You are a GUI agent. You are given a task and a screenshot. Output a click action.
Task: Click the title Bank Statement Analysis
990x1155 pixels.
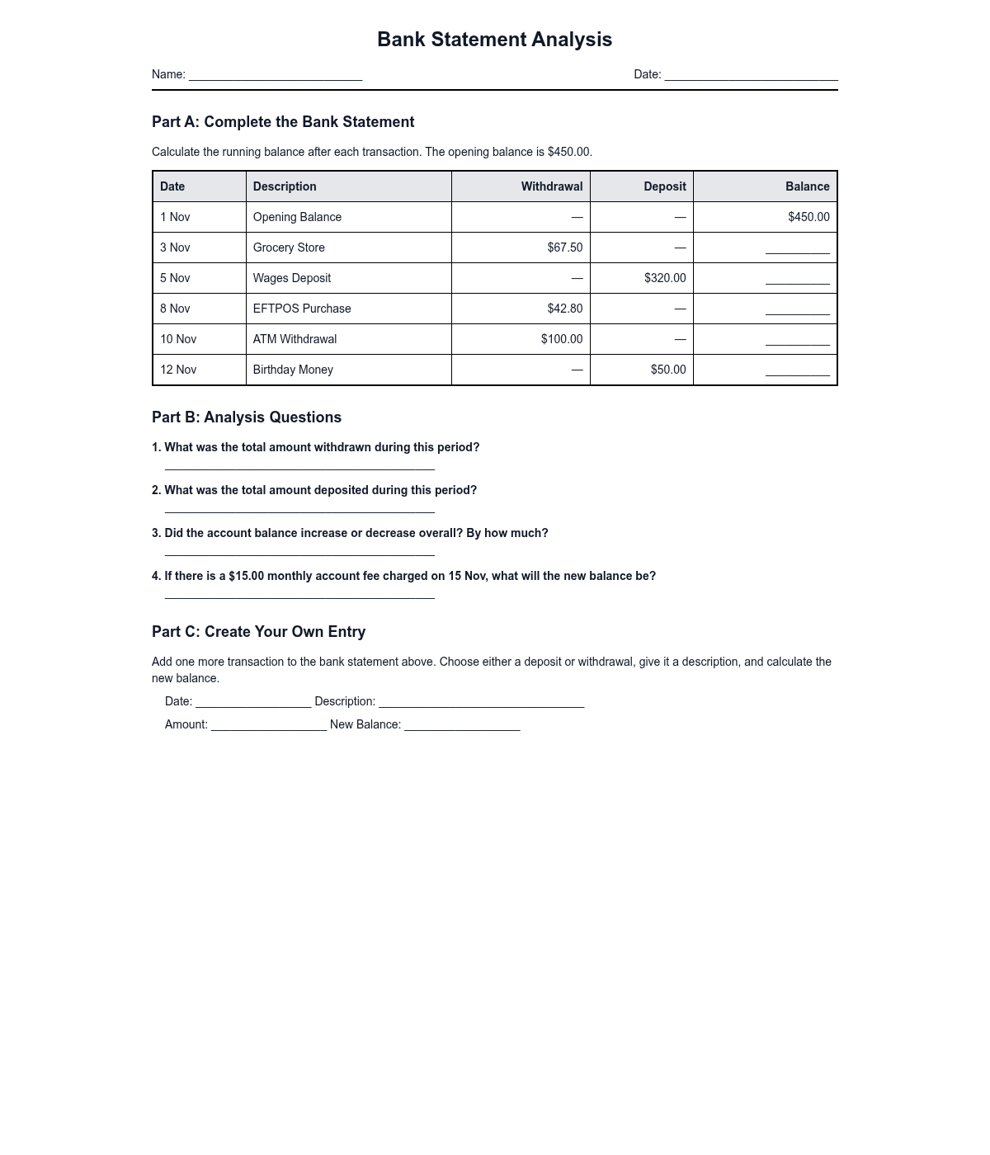[x=494, y=40]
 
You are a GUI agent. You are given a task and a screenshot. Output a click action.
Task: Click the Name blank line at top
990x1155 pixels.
[x=276, y=75]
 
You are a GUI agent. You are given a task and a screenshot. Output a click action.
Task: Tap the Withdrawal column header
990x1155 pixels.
[x=551, y=186]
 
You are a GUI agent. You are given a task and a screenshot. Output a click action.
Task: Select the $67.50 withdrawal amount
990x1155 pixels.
[x=564, y=247]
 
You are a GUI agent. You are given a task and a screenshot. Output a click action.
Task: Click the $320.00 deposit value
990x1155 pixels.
[x=664, y=278]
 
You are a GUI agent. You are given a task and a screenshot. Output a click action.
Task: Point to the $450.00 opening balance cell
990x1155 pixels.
[x=808, y=217]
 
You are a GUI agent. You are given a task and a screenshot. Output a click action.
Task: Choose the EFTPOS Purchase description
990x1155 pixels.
[x=302, y=309]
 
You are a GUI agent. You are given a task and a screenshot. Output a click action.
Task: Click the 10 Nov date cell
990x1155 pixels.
[x=178, y=339]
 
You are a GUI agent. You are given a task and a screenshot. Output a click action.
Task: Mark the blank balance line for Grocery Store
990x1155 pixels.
[x=797, y=250]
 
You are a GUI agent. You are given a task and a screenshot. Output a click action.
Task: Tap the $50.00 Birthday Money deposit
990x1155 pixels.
[x=667, y=370]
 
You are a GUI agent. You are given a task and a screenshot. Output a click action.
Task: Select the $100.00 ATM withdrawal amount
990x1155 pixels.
[x=561, y=339]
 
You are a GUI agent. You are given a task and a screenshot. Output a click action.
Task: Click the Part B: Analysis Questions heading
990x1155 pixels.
[x=247, y=417]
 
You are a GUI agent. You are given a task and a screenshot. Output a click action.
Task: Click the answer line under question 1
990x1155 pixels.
[x=299, y=466]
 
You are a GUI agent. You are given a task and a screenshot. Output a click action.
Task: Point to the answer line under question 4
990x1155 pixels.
[x=299, y=595]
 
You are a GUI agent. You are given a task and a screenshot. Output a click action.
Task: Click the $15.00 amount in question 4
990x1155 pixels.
[x=246, y=576]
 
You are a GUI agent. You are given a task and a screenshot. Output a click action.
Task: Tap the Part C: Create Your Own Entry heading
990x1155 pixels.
[x=258, y=632]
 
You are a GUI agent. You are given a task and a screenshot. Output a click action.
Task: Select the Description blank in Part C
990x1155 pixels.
[x=481, y=703]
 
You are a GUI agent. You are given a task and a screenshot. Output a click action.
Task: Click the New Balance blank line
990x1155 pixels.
[x=462, y=726]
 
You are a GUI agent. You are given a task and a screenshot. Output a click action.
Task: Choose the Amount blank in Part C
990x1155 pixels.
[x=269, y=726]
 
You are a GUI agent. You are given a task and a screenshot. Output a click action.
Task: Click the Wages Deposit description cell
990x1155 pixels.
[x=292, y=278]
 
